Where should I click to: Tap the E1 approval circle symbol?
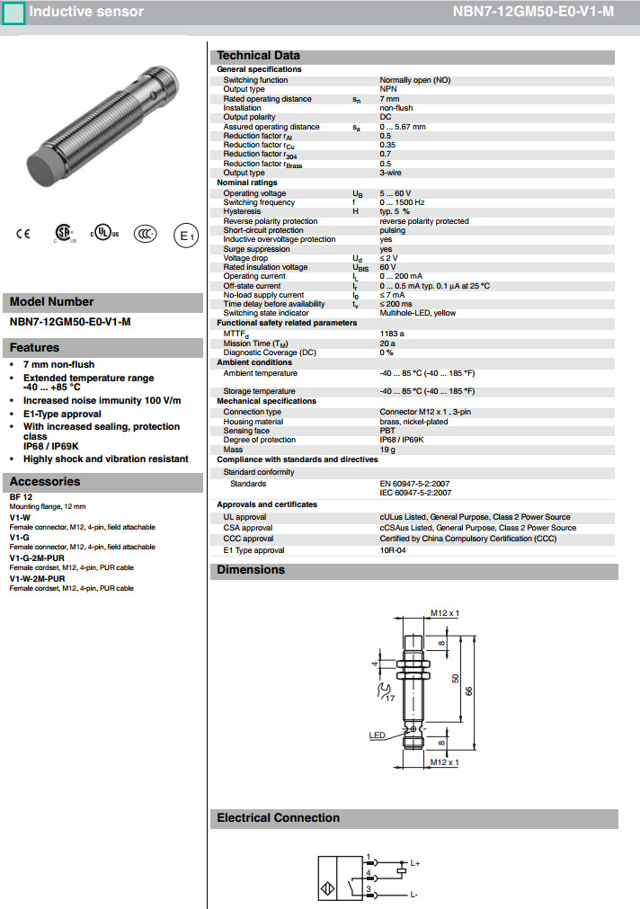click(185, 236)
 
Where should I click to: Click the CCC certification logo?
click(146, 234)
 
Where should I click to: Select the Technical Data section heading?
click(258, 56)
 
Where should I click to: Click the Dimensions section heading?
click(251, 570)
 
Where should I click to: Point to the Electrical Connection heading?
click(278, 818)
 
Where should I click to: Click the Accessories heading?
click(45, 482)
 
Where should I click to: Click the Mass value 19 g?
click(387, 450)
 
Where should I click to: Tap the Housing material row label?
click(253, 422)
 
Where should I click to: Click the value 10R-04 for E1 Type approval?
click(393, 550)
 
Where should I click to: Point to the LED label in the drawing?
click(377, 735)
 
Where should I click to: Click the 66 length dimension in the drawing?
click(469, 690)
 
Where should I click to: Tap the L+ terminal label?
click(416, 863)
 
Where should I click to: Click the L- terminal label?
click(414, 895)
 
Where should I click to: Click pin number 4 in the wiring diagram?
click(369, 873)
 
